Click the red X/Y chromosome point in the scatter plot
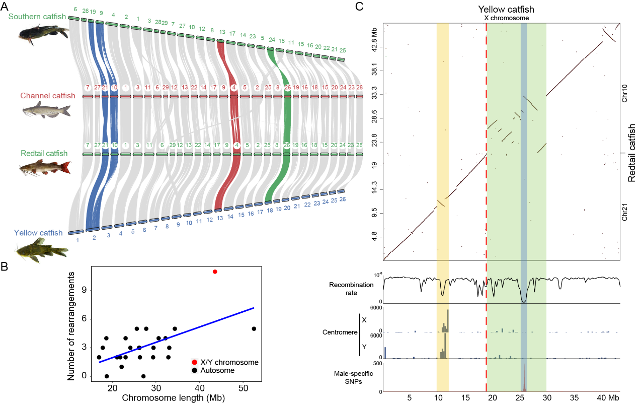215,272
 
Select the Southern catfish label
37,17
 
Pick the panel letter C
359,7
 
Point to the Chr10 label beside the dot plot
624,96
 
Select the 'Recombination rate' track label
351,288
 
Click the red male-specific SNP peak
524,381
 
